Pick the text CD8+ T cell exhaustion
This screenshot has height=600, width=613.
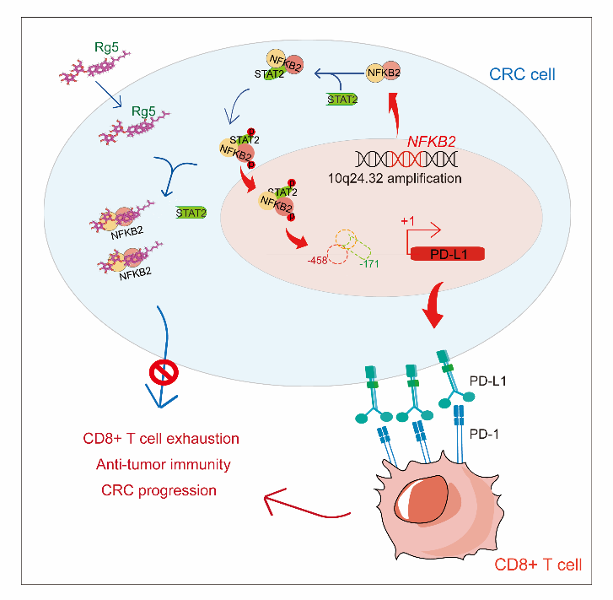(x=161, y=439)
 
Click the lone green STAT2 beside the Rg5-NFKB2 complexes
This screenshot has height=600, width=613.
(x=191, y=214)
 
